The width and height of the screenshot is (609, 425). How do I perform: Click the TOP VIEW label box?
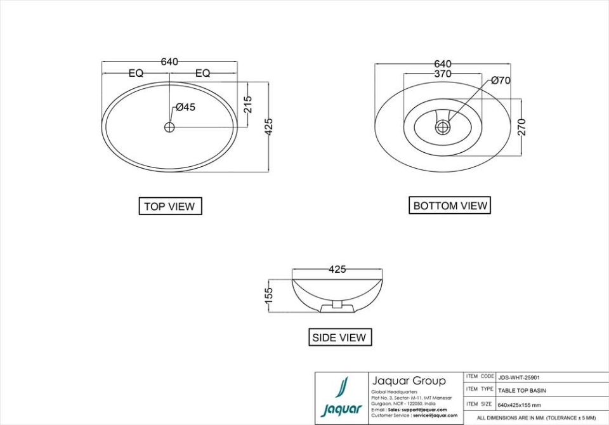tap(170, 206)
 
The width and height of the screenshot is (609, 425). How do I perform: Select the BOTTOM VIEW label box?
tap(450, 206)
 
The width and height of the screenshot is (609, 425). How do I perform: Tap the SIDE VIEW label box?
tap(340, 337)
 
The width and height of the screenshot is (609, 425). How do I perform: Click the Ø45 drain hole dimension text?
tap(185, 107)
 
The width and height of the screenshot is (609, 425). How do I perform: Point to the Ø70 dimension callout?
tap(500, 81)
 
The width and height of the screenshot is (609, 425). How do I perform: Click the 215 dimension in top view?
tap(248, 104)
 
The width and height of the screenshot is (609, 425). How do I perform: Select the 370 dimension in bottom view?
tap(442, 74)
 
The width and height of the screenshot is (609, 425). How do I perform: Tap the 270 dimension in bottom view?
tap(521, 127)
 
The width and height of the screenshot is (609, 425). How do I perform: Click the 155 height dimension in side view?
tap(268, 295)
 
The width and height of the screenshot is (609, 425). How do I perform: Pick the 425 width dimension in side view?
tap(337, 270)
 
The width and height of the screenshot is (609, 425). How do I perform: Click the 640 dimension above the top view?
tap(169, 62)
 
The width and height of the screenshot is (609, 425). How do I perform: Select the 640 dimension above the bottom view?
tap(442, 63)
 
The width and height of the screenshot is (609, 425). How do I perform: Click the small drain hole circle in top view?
tap(169, 127)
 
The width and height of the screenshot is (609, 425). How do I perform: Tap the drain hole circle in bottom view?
tap(442, 128)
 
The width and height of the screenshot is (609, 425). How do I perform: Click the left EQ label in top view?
tap(136, 74)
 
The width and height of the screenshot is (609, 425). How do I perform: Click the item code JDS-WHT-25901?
tap(518, 377)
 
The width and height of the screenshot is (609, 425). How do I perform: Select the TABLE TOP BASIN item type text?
tap(521, 390)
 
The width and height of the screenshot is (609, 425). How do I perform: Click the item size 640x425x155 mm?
tap(519, 405)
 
